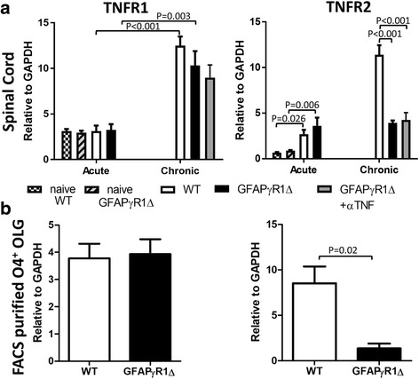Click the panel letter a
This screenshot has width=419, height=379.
(x=8, y=7)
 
